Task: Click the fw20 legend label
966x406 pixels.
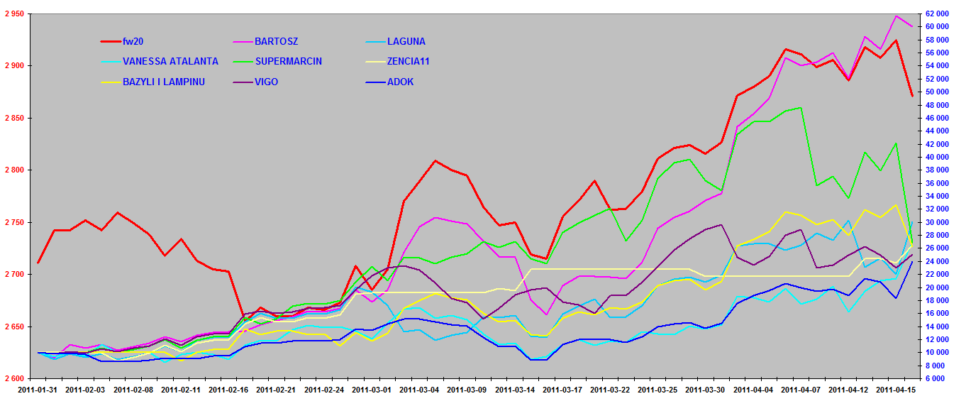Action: (133, 42)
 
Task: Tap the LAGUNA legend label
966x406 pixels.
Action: (406, 42)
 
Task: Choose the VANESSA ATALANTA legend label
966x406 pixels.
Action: (170, 62)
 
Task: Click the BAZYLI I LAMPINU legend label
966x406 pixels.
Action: (163, 82)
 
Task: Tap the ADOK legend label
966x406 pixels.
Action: (400, 82)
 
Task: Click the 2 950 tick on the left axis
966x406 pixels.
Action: (13, 14)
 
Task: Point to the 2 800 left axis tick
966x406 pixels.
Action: (13, 170)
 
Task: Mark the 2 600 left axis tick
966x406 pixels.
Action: (13, 379)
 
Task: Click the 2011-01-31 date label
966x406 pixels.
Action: (38, 390)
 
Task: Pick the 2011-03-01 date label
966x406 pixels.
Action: (371, 390)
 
